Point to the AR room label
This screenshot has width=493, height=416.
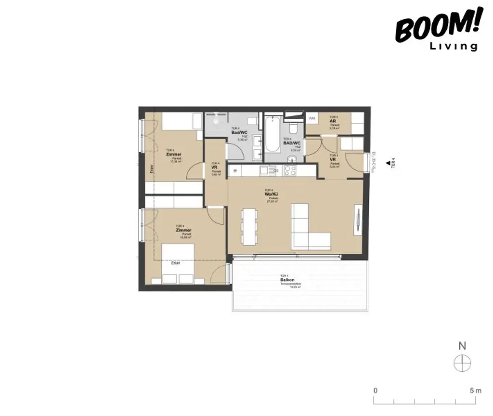[x=333, y=122]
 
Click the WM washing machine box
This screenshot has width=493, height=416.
[x=311, y=118]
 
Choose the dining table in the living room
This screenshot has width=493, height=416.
[x=249, y=225]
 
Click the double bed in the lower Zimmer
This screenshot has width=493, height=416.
[x=178, y=263]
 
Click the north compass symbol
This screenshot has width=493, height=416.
[x=462, y=363]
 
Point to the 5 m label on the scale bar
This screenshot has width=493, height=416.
[x=475, y=390]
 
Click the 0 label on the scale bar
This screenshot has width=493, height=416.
[x=375, y=390]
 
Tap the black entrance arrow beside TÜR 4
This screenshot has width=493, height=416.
[x=388, y=163]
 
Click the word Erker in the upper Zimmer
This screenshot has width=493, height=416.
[x=151, y=169]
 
